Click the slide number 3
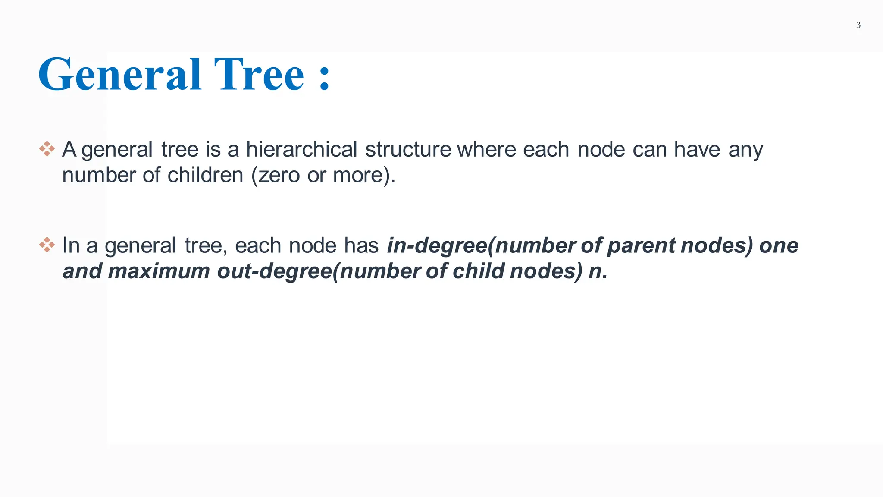click(858, 25)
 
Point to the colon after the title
click(325, 78)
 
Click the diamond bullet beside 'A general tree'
click(47, 149)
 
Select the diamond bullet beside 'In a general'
click(47, 245)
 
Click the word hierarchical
click(301, 150)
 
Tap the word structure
click(408, 150)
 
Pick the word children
click(205, 176)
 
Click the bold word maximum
click(159, 271)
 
